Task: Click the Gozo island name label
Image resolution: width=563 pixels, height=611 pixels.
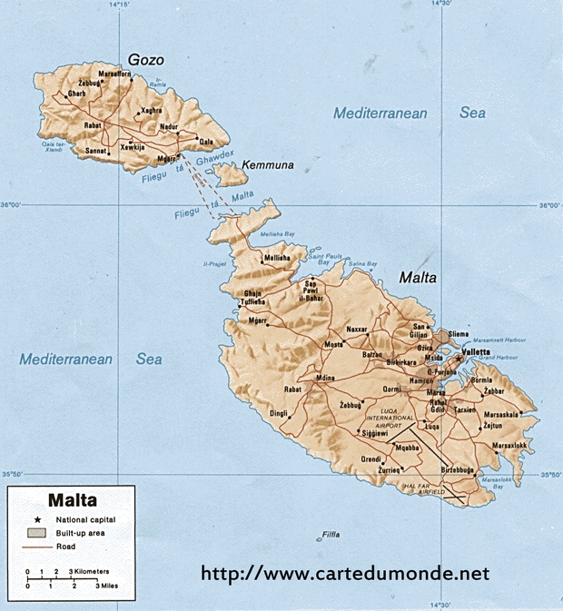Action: [x=145, y=60]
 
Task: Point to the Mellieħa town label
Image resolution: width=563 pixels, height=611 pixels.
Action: [x=277, y=259]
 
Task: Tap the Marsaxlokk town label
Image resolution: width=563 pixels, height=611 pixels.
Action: [x=509, y=446]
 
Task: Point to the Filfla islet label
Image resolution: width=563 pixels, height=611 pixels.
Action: [x=331, y=536]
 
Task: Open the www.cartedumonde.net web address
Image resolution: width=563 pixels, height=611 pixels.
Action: [x=344, y=574]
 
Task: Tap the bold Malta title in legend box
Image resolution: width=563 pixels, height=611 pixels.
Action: [x=73, y=499]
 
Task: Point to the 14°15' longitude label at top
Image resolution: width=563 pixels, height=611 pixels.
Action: [x=118, y=5]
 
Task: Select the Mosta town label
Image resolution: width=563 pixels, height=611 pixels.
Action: [x=334, y=344]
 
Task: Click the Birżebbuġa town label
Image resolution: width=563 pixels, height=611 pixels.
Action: [x=459, y=469]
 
